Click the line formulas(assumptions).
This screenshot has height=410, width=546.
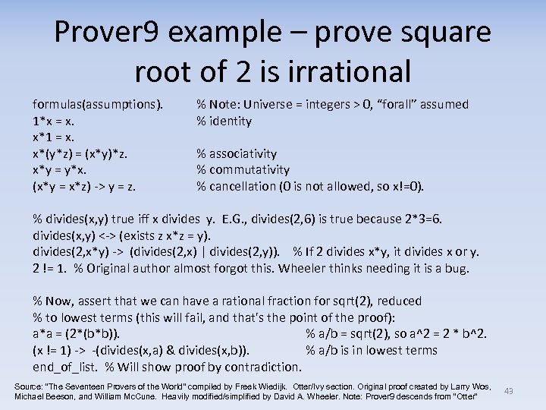point(98,105)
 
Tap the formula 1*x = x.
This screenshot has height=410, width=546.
point(53,121)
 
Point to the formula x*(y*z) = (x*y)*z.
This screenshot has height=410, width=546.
point(80,154)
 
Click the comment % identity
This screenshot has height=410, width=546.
point(224,121)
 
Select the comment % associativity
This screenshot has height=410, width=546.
point(237,154)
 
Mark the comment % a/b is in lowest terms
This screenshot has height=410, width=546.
point(372,351)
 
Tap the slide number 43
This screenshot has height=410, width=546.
point(509,391)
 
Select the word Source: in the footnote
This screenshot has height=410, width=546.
point(30,386)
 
